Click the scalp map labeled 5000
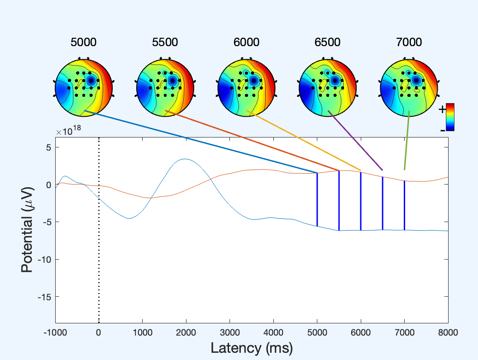(x=83, y=87)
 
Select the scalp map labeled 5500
(x=165, y=87)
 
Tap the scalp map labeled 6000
(x=246, y=87)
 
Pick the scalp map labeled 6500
(x=328, y=87)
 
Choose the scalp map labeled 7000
(x=409, y=87)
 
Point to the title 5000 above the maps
(x=83, y=43)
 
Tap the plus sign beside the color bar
(x=442, y=108)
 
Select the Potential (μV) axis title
(x=28, y=230)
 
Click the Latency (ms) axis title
(x=251, y=348)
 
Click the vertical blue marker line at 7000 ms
(x=404, y=206)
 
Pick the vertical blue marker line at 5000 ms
(x=317, y=199)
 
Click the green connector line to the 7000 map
(x=407, y=140)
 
